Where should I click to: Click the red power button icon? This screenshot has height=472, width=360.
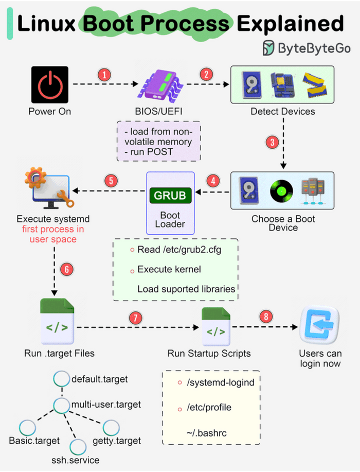(x=49, y=84)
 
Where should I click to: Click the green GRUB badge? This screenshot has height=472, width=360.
(x=170, y=196)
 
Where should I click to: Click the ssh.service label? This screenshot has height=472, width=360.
(x=76, y=460)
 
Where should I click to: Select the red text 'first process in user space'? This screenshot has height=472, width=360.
(x=50, y=234)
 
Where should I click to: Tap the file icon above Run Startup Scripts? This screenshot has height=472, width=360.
(x=215, y=327)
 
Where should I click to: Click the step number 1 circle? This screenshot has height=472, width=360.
(x=104, y=75)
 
